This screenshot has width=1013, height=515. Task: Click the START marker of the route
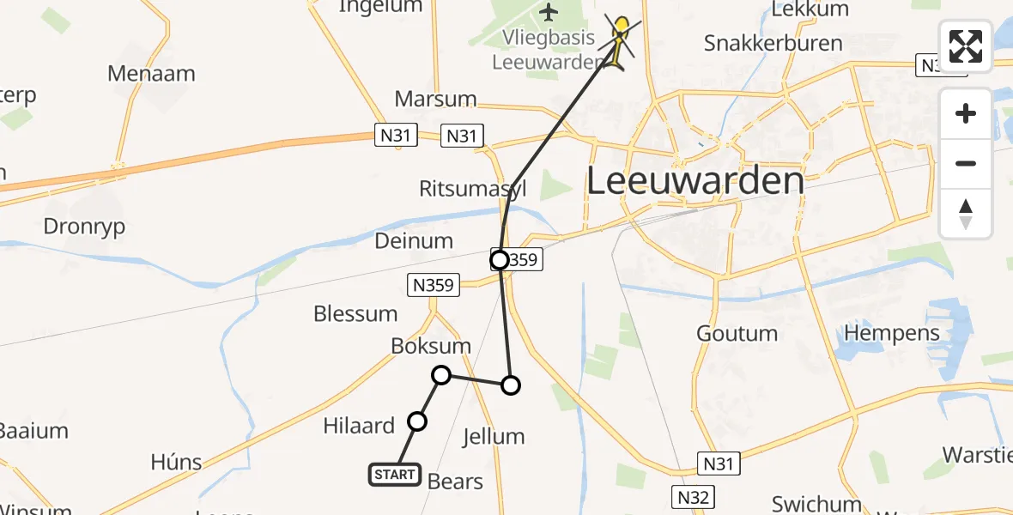point(395,474)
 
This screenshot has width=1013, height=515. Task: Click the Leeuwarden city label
point(695,182)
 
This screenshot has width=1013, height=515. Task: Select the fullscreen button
point(966,45)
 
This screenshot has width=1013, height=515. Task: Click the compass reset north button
point(966,214)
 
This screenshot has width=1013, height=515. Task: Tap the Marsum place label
point(435,99)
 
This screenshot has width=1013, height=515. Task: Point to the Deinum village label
point(414,241)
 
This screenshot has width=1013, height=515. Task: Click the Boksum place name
point(431,346)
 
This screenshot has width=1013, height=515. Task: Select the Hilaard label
point(359,425)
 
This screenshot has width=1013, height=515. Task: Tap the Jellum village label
point(493,437)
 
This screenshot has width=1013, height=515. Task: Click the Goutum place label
point(737,333)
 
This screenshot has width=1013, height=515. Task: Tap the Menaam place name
point(151,74)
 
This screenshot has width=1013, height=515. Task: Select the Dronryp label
point(84,227)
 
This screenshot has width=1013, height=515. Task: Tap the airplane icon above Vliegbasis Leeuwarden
point(549,13)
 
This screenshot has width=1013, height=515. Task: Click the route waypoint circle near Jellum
point(511,385)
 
